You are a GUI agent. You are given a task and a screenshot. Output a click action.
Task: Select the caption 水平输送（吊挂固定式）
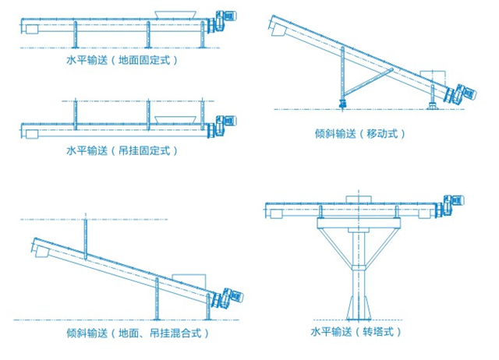click(x=122, y=150)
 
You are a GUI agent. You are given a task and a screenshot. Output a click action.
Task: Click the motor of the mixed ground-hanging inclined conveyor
click(x=234, y=295)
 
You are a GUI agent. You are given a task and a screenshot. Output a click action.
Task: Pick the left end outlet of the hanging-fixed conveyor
click(x=31, y=132)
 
